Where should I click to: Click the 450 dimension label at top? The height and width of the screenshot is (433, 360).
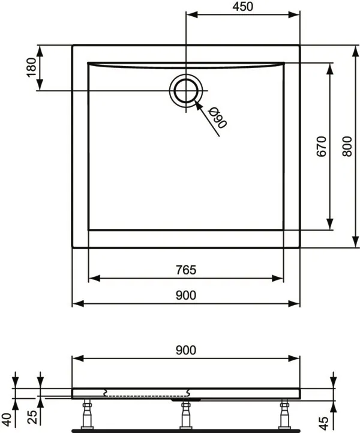[243, 7]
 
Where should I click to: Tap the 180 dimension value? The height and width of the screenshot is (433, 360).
[32, 68]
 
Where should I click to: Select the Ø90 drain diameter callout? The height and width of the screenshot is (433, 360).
[218, 117]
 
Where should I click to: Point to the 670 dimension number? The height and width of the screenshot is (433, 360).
[322, 147]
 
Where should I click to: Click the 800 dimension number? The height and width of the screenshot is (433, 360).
[347, 147]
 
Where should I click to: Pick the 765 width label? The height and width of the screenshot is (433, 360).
[186, 270]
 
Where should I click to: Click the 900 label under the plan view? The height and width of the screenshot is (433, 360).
[186, 295]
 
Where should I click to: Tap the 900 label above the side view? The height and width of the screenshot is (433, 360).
[186, 350]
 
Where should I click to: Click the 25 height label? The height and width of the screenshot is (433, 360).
[32, 417]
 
